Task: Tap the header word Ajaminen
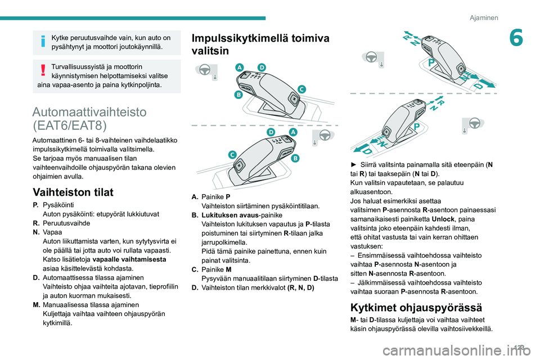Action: pos(484,17)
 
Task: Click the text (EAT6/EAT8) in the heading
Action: pos(70,125)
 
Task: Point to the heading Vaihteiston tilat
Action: pos(73,192)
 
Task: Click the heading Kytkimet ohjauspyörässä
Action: pos(416,307)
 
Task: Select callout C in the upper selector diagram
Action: pos(301,89)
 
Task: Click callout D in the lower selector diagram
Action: pos(271,131)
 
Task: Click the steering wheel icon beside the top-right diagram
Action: pos(370,58)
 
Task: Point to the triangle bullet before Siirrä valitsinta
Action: pos(353,164)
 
